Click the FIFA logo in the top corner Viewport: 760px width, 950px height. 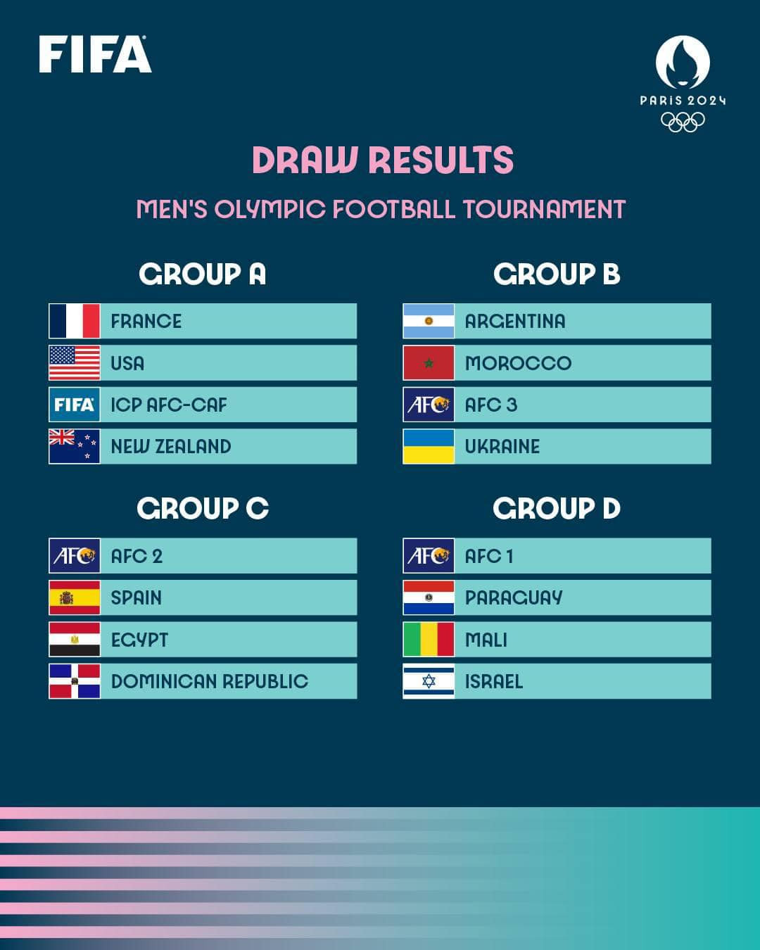click(x=95, y=55)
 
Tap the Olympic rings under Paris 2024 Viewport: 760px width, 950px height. click(x=683, y=122)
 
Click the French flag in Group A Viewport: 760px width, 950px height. click(x=75, y=321)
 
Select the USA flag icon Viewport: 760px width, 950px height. click(x=75, y=363)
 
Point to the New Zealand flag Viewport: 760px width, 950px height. click(x=75, y=446)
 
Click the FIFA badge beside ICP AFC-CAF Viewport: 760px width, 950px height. click(x=75, y=405)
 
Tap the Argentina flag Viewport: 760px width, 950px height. click(x=429, y=321)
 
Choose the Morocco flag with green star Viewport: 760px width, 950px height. click(x=429, y=363)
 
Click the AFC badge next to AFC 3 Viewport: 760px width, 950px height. click(x=429, y=405)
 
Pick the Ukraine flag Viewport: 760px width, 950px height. click(x=429, y=446)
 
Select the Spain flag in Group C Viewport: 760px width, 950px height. click(x=75, y=597)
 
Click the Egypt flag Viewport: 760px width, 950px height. click(x=75, y=640)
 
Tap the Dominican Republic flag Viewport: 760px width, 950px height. click(x=75, y=681)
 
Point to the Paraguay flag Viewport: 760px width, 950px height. click(x=429, y=597)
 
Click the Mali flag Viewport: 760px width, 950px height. click(x=429, y=640)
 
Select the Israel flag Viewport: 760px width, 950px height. click(x=429, y=681)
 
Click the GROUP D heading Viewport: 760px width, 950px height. click(x=557, y=508)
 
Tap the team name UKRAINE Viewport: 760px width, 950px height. click(x=502, y=446)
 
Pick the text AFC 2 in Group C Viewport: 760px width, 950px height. click(x=137, y=556)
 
